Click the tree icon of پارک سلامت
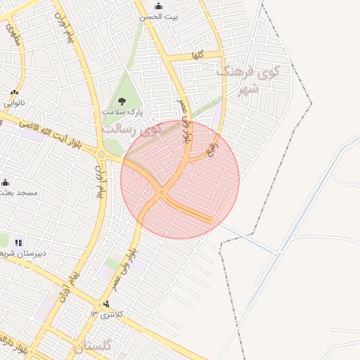point(122,101)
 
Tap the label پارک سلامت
point(122,112)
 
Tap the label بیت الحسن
point(159,16)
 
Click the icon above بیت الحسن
point(159,6)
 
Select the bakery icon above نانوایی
point(14,92)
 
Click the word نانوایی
point(14,103)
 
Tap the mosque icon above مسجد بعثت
point(6,182)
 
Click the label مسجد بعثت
point(19,192)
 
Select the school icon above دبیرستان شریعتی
point(18,243)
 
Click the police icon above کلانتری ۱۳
point(106,304)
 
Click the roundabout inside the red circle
point(162,192)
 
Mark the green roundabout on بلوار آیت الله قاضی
point(101,155)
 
